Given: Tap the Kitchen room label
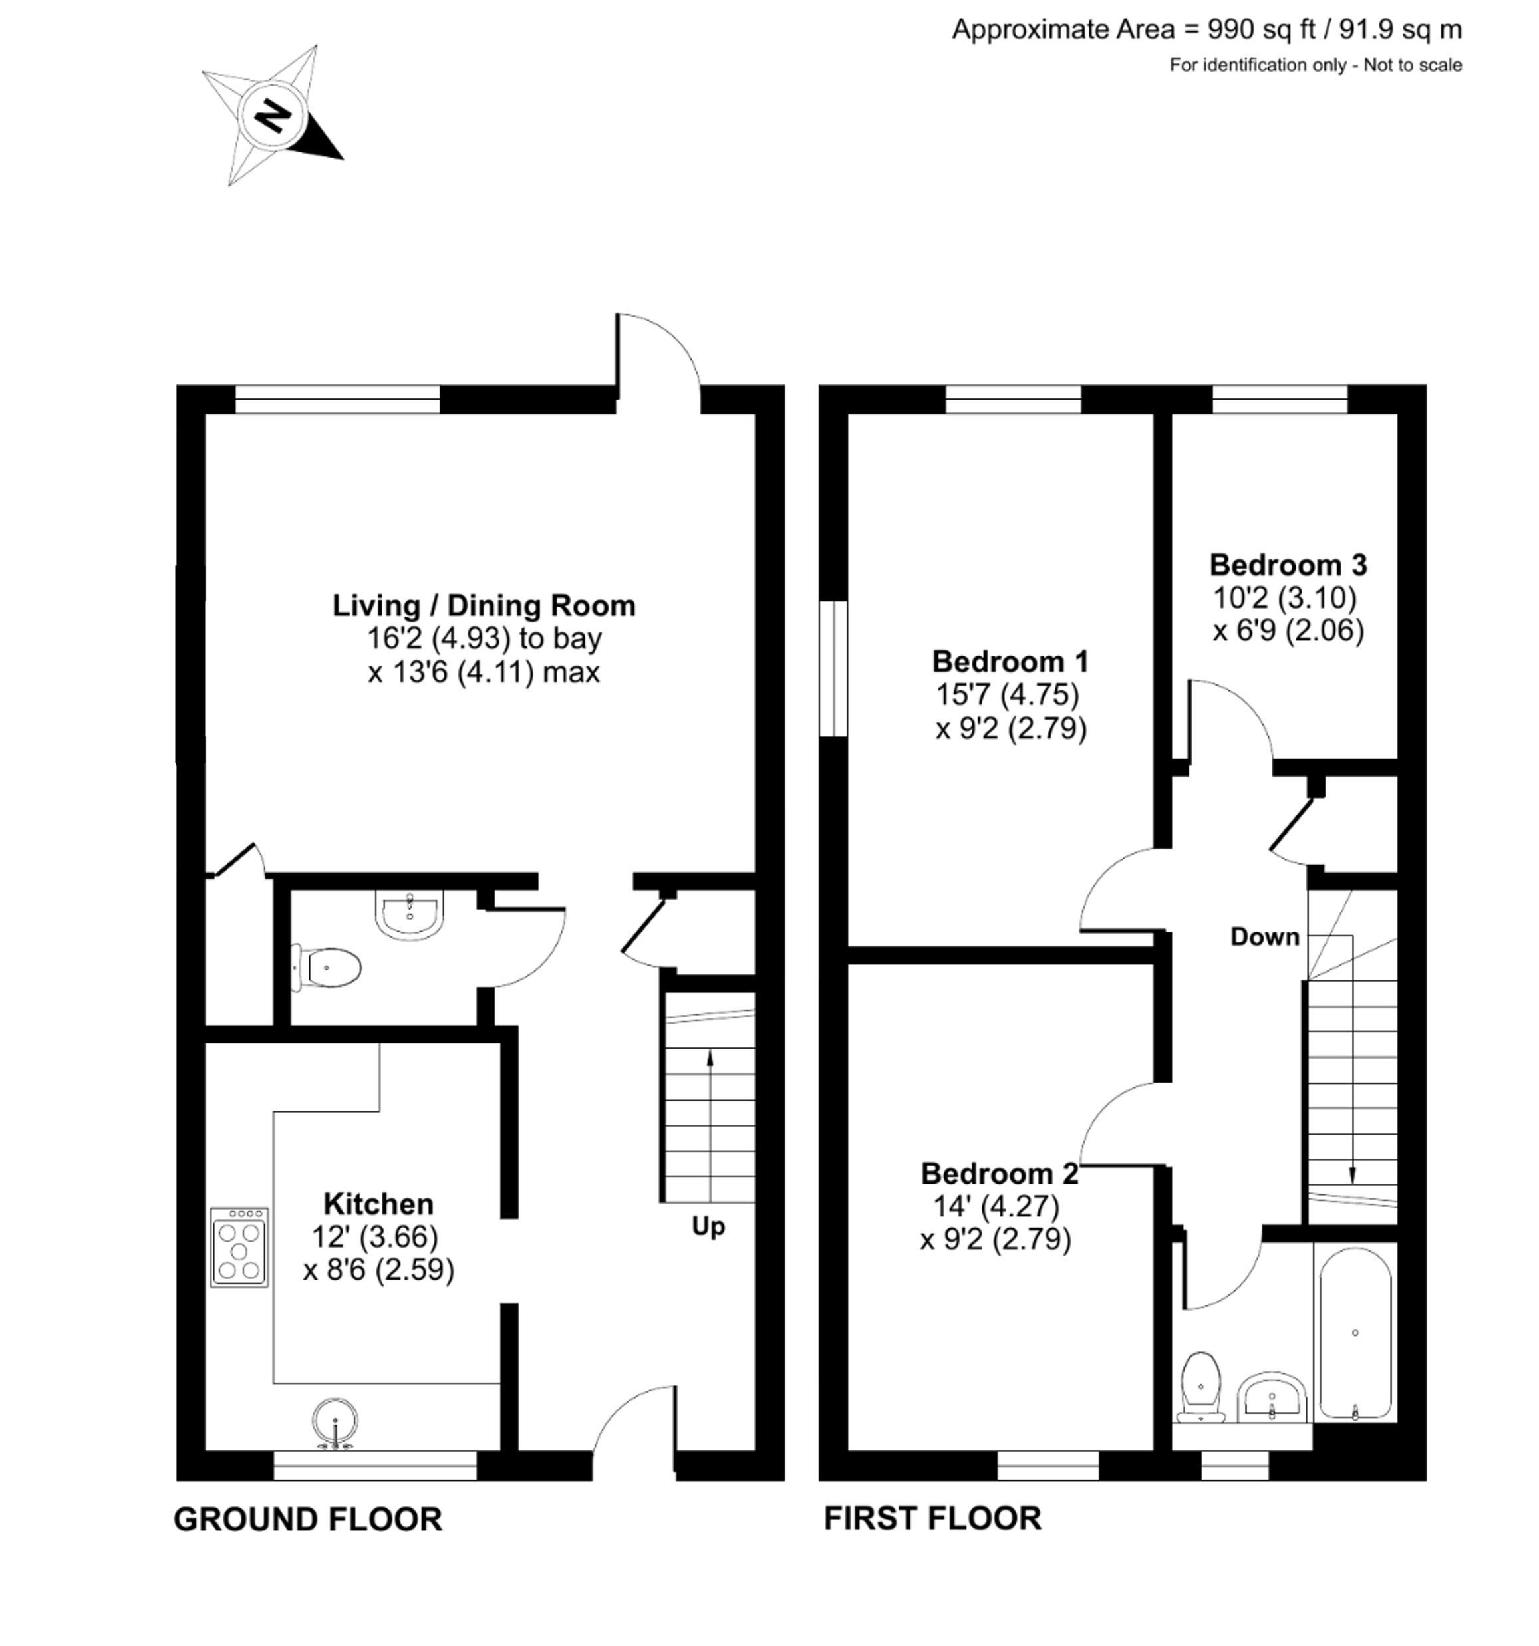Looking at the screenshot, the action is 378,1203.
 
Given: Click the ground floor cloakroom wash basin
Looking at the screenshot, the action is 410,914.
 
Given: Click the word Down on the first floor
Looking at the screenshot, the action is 1264,936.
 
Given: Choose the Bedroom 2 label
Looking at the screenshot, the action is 999,1173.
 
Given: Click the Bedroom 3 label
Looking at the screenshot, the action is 1288,565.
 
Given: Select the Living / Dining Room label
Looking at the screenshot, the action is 484,605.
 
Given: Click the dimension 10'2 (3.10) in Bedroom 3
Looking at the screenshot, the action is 1285,597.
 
